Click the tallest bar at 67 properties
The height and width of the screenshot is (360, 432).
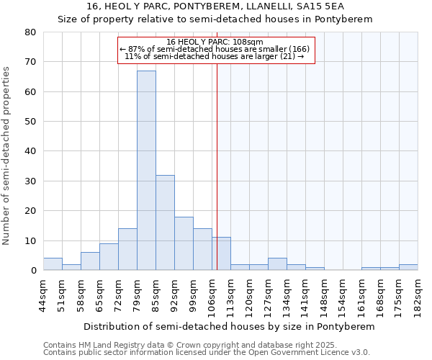pyautogui.click(x=146, y=171)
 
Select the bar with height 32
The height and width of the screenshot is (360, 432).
pyautogui.click(x=165, y=222)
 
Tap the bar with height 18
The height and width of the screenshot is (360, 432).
pyautogui.click(x=184, y=243)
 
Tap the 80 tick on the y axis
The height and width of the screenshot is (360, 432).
pyautogui.click(x=30, y=32)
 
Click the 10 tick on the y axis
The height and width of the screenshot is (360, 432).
pyautogui.click(x=30, y=240)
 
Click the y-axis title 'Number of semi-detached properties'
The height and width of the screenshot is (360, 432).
pyautogui.click(x=6, y=156)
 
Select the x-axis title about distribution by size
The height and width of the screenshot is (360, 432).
pyautogui.click(x=229, y=326)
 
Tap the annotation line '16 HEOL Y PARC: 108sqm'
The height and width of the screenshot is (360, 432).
pyautogui.click(x=215, y=42)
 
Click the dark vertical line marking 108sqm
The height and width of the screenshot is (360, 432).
pyautogui.click(x=217, y=166)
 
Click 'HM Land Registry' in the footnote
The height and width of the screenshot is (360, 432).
pyautogui.click(x=113, y=345)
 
